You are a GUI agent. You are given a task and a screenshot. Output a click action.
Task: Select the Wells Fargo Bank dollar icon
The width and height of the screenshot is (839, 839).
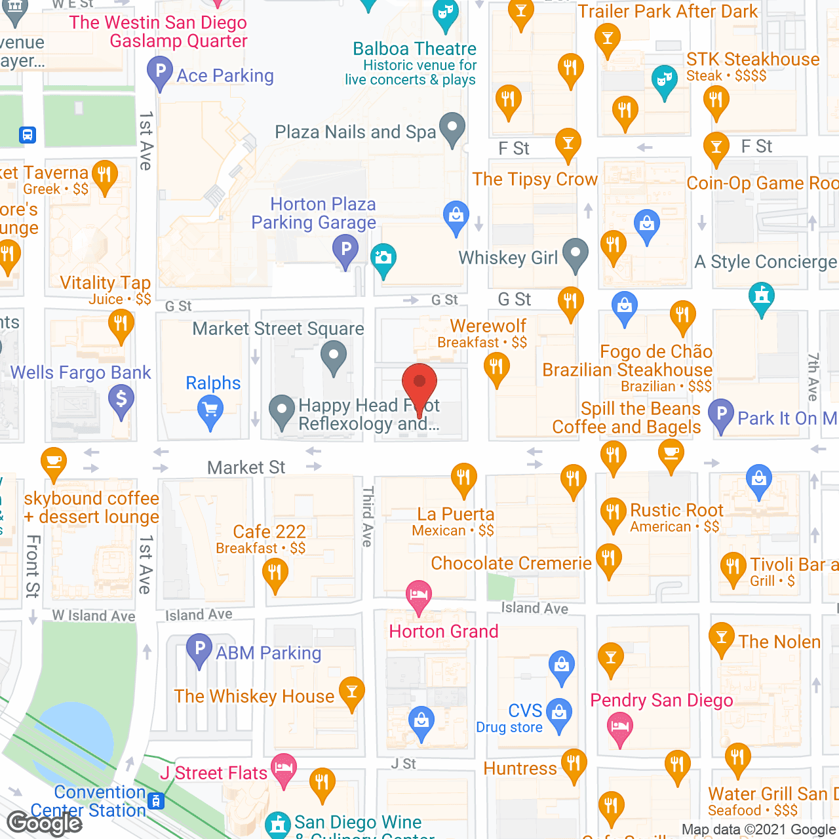coord(121,399)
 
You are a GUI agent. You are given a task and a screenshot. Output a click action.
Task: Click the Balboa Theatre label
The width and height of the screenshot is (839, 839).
coord(414,49)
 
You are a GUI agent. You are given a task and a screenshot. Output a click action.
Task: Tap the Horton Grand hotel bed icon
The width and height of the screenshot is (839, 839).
coord(419,595)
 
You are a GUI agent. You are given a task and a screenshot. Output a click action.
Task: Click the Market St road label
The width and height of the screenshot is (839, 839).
coord(246,467)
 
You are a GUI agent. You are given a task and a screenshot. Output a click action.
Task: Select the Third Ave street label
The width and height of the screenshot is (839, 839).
coord(368,517)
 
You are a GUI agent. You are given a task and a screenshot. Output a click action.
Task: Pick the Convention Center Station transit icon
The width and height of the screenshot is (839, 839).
coord(156,801)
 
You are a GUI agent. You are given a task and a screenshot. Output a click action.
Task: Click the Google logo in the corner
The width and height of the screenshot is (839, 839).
coord(45,823)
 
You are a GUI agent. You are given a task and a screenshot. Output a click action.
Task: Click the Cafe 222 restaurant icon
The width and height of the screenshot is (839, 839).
coord(275,574)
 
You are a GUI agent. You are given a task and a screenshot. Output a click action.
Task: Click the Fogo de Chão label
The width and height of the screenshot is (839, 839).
coord(655,352)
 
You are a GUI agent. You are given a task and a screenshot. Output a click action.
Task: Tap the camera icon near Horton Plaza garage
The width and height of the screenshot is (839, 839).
coord(383,258)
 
